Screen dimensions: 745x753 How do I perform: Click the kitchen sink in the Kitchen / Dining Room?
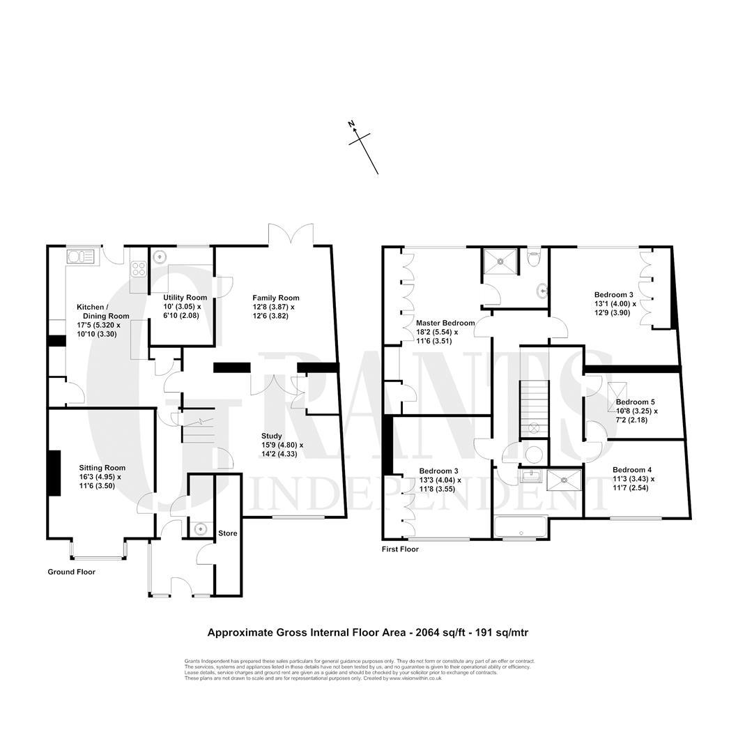[x=82, y=257]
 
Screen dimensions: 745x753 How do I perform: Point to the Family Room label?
[x=275, y=298]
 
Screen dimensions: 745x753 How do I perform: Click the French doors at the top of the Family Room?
[x=291, y=236]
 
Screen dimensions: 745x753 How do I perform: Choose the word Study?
[x=271, y=436]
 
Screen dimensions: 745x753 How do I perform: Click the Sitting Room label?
[x=102, y=468]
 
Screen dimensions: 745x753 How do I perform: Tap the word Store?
[x=227, y=533]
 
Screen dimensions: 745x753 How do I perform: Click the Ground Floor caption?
[x=71, y=572]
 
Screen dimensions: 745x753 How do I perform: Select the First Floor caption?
[x=400, y=549]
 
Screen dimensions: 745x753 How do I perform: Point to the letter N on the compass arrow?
[x=351, y=124]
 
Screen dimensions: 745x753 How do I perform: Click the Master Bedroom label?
[x=445, y=324]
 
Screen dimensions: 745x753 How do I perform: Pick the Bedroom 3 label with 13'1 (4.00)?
[x=613, y=295]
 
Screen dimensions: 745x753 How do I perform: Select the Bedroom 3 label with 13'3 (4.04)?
[x=438, y=471]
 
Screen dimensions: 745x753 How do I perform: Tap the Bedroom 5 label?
[x=635, y=402]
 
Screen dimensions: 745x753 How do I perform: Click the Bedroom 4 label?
[x=631, y=470]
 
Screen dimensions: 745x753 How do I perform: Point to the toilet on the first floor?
[x=533, y=258]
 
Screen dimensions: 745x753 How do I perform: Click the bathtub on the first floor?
[x=521, y=528]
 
